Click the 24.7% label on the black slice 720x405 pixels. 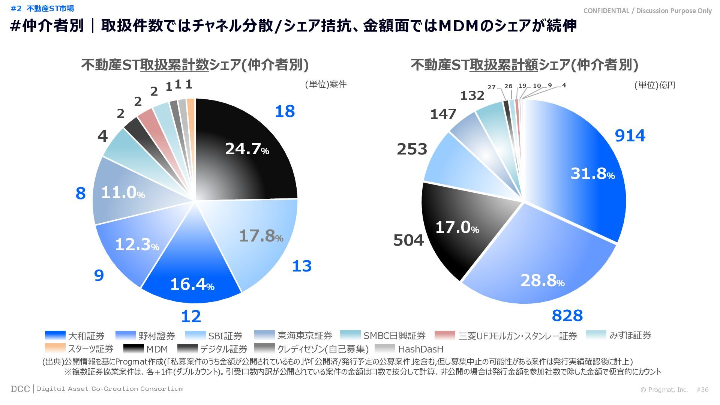tap(247, 149)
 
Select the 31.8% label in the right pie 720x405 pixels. tap(592, 174)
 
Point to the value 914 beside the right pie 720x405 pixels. tap(630, 136)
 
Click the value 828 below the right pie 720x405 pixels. tap(567, 316)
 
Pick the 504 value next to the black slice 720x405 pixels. tap(408, 240)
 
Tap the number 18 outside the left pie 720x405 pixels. tap(285, 111)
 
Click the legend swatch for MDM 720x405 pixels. tap(133, 349)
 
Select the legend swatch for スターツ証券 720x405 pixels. tap(55, 349)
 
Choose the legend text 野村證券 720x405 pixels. tap(157, 336)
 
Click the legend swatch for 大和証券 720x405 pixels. tap(55, 335)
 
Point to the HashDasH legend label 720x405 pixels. tap(420, 349)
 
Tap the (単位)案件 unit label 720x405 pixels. tap(325, 84)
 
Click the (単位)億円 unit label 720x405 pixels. tap(655, 85)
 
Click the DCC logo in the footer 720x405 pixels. tap(20, 389)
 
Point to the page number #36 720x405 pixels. tap(702, 390)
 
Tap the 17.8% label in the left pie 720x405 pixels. tap(261, 236)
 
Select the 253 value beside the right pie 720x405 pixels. tap(412, 149)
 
